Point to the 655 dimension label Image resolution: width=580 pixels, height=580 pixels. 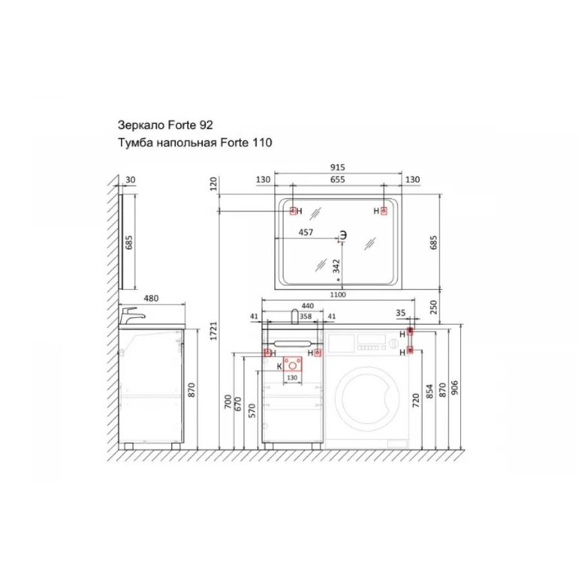pyautogui.click(x=338, y=180)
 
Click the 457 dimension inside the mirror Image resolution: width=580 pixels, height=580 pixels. pyautogui.click(x=305, y=233)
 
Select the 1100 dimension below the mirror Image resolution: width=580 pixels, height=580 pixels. pyautogui.click(x=338, y=295)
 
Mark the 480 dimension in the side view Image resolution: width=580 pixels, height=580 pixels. pyautogui.click(x=150, y=298)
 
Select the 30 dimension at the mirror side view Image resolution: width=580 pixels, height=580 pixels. pyautogui.click(x=131, y=180)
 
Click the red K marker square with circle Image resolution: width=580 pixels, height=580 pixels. pyautogui.click(x=292, y=365)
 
